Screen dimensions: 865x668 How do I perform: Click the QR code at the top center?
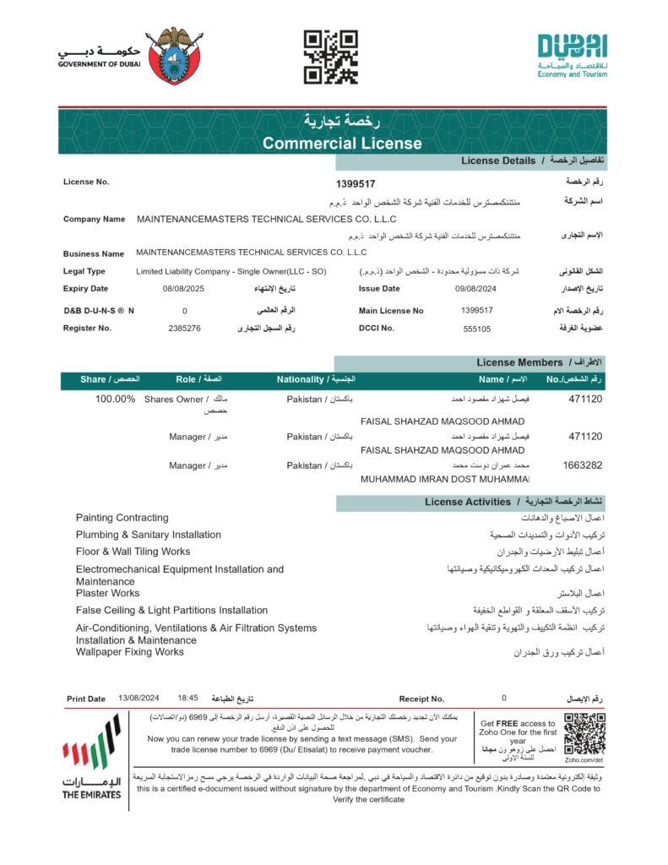pyautogui.click(x=330, y=57)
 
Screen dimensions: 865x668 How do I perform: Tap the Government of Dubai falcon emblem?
pyautogui.click(x=175, y=56)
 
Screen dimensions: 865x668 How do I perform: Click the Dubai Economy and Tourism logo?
pyautogui.click(x=572, y=56)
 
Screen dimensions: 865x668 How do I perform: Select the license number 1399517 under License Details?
pyautogui.click(x=356, y=183)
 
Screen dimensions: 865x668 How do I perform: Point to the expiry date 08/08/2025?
pyautogui.click(x=183, y=289)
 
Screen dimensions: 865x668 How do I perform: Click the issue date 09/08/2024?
pyautogui.click(x=473, y=289)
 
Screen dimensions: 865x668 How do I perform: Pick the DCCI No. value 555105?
pyautogui.click(x=477, y=328)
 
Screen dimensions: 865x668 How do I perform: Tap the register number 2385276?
pyautogui.click(x=184, y=328)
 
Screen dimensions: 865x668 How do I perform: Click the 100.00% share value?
pyautogui.click(x=115, y=399)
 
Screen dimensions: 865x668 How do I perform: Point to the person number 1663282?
pyautogui.click(x=582, y=465)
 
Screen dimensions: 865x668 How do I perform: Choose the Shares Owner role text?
pyautogui.click(x=174, y=399)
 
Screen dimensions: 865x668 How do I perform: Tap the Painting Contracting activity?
pyautogui.click(x=122, y=518)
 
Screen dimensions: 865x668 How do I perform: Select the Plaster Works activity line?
pyautogui.click(x=107, y=593)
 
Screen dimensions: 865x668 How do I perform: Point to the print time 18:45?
pyautogui.click(x=187, y=699)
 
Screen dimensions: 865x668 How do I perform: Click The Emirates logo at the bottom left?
pyautogui.click(x=91, y=757)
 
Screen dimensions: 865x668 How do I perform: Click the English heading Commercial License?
pyautogui.click(x=342, y=144)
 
